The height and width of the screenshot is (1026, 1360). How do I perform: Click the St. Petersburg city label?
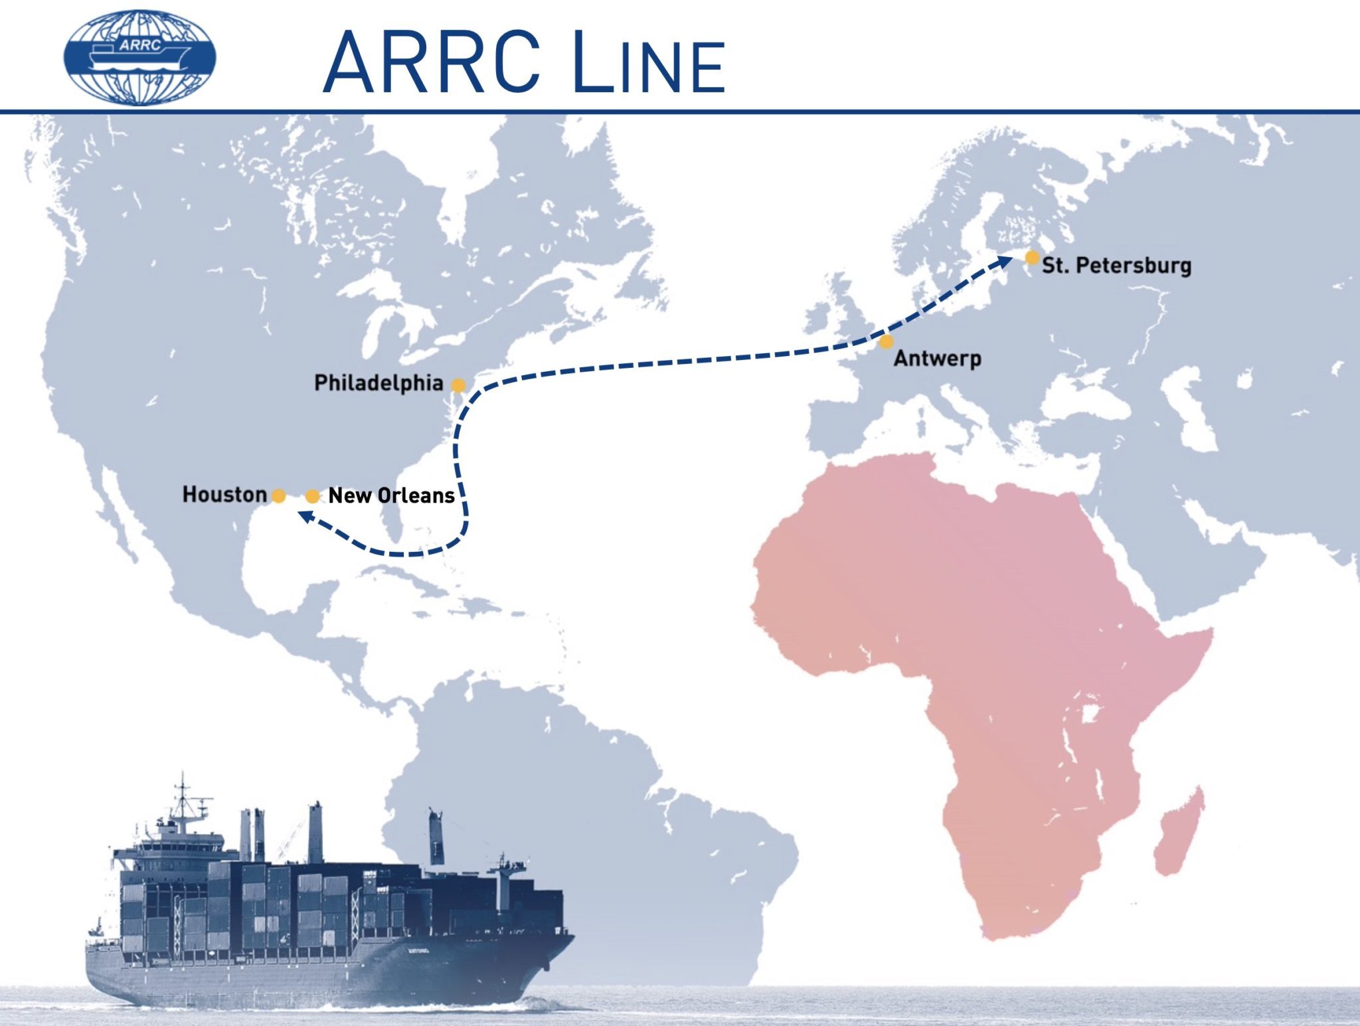click(x=1116, y=266)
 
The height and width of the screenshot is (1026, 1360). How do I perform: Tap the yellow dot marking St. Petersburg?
click(x=1032, y=257)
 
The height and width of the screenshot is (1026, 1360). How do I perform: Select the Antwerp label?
click(x=937, y=359)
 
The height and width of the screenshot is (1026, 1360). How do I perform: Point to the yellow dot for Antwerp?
click(x=887, y=342)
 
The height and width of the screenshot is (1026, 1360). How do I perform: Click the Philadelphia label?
click(x=379, y=383)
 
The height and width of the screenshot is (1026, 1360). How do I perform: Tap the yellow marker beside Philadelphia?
click(x=458, y=385)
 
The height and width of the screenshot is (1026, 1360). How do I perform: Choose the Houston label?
click(x=224, y=495)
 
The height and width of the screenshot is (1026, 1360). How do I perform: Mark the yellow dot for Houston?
click(x=279, y=496)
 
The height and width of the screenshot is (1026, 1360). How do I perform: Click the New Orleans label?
click(x=391, y=496)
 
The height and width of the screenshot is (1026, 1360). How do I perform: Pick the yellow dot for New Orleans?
click(x=312, y=496)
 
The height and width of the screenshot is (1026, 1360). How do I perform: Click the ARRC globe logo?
click(x=139, y=57)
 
